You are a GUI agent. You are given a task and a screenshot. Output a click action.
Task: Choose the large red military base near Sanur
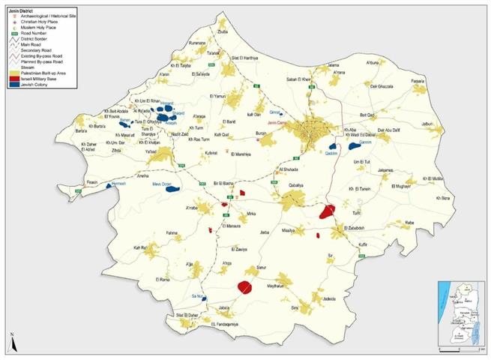[244, 286]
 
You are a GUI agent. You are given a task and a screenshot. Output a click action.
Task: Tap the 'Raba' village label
[409, 223]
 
